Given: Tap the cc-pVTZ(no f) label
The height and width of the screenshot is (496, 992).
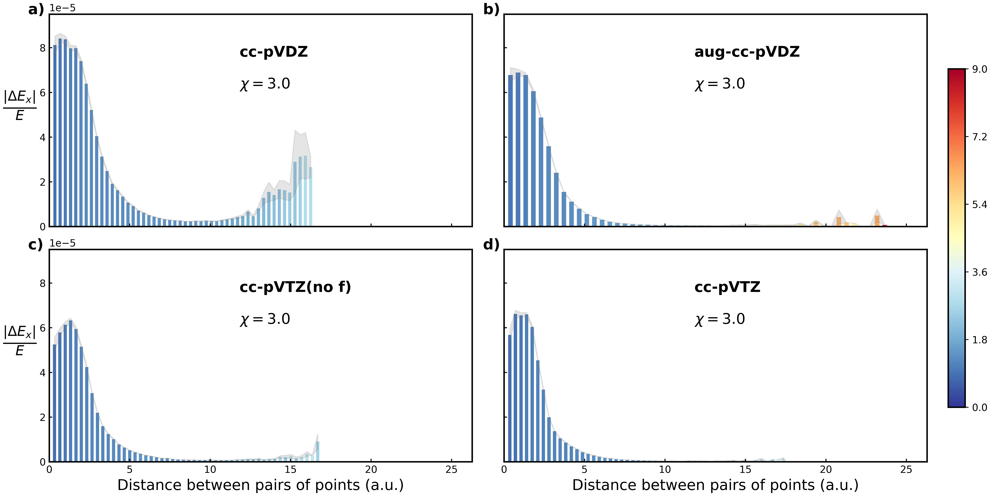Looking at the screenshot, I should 295,287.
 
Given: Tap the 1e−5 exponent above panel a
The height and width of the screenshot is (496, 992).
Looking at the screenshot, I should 62,8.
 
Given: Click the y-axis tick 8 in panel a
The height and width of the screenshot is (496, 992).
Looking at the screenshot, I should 42,48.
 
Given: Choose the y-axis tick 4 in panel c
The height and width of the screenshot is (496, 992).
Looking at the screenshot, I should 42,373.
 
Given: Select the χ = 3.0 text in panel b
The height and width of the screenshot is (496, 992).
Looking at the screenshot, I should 719,84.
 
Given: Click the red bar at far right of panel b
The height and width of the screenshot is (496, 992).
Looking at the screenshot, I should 885,225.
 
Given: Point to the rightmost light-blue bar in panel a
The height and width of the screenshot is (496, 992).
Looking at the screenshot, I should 310,196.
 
